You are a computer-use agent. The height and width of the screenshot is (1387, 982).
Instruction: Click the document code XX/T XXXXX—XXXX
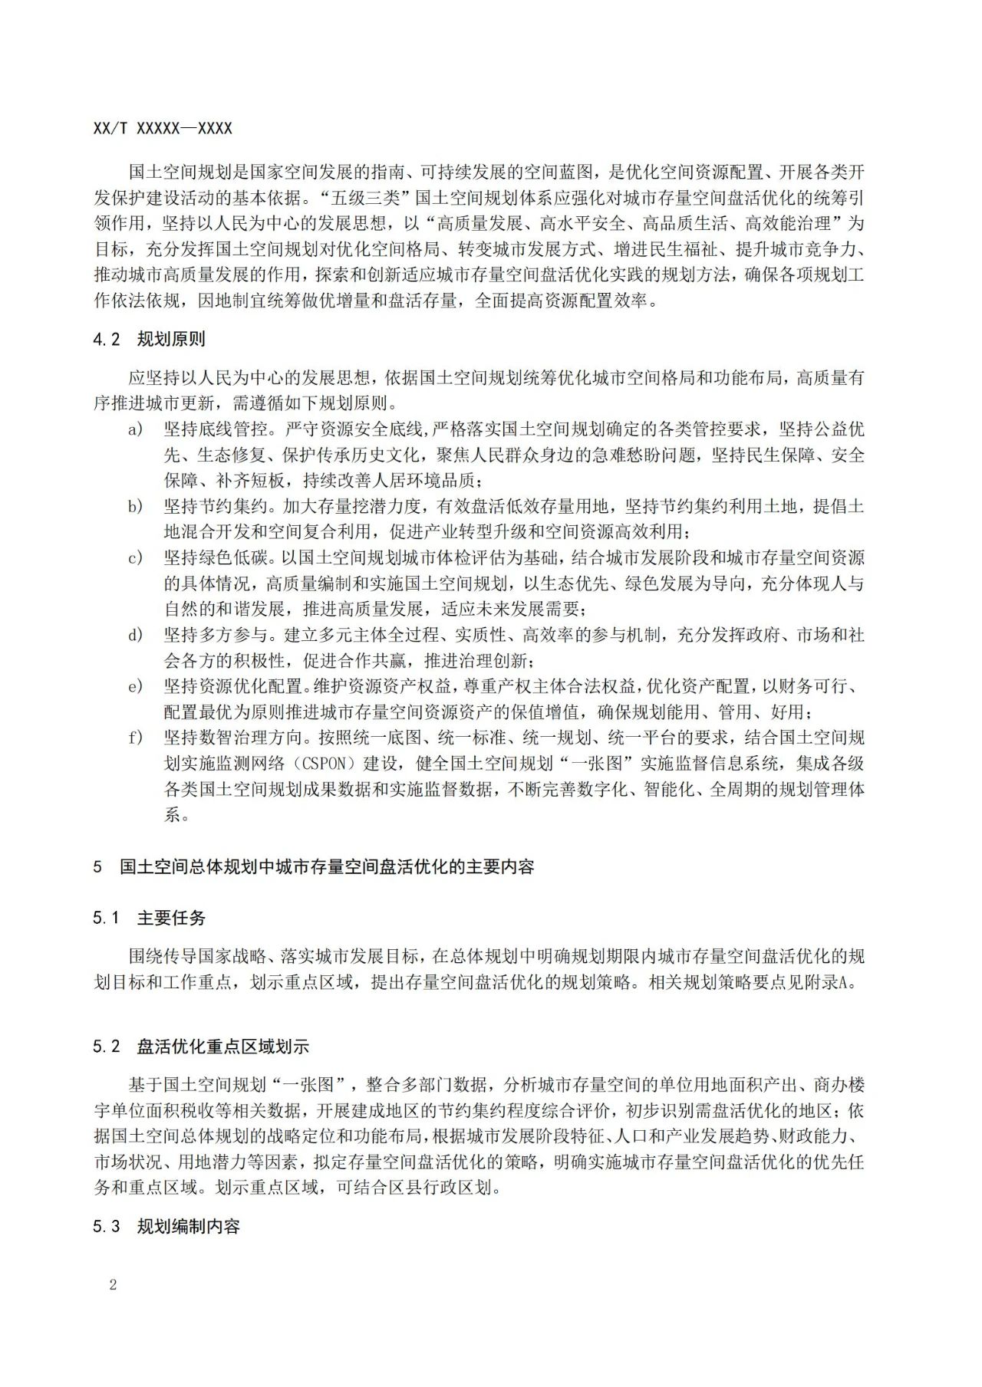tap(163, 129)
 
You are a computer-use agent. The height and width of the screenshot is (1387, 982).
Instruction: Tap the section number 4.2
tap(107, 340)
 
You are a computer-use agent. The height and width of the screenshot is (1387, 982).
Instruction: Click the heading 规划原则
tap(171, 340)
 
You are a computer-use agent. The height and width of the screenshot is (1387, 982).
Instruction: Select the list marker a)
tap(136, 429)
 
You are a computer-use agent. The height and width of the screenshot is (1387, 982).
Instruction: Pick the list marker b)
tap(136, 507)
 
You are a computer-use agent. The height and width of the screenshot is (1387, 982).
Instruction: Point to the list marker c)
tap(136, 558)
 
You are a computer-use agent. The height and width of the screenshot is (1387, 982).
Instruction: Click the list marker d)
tap(136, 636)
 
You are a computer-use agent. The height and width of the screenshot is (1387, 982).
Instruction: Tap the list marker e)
tap(136, 687)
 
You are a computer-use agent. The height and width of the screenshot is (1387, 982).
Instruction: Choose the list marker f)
tap(136, 738)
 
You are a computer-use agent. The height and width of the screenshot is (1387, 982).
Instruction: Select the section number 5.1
tap(107, 918)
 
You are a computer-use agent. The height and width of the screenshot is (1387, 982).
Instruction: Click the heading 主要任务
tap(171, 918)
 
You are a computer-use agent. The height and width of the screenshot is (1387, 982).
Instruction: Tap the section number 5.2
tap(107, 1047)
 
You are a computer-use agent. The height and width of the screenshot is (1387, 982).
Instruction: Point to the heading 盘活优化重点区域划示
tap(222, 1047)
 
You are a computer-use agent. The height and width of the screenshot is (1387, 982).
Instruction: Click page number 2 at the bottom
tap(113, 1285)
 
